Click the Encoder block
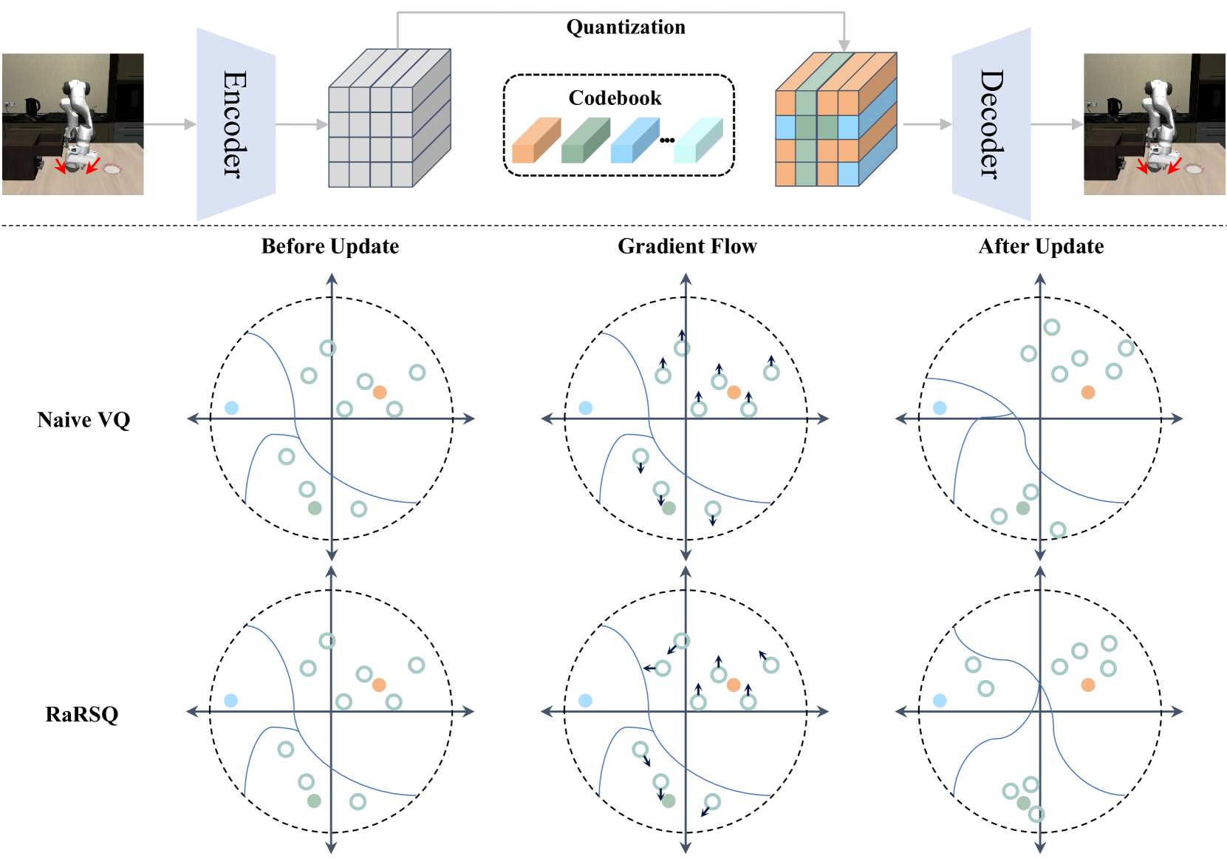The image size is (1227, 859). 236,124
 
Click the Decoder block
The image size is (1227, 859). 991,124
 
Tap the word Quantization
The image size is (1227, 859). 626,27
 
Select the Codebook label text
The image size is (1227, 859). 615,98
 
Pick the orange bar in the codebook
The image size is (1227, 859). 535,142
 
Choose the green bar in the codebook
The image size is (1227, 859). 584,142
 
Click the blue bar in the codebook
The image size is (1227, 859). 634,142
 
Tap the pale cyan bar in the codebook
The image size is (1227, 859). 697,142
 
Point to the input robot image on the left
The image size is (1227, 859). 72,124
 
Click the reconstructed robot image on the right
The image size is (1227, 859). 1154,124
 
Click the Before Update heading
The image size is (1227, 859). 330,246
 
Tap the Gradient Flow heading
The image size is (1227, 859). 687,246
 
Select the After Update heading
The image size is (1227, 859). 1041,246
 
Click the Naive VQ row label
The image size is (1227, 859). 83,420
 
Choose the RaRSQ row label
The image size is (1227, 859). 82,714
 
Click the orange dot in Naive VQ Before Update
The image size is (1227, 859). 380,392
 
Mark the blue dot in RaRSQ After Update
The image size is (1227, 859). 940,700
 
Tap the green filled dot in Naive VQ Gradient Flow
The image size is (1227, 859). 669,509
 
